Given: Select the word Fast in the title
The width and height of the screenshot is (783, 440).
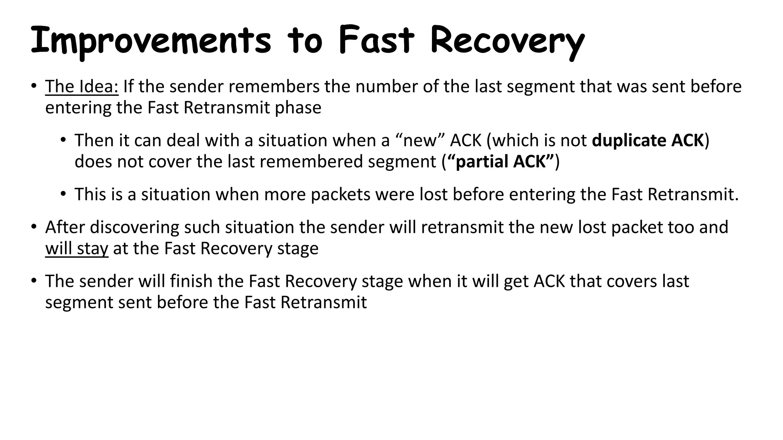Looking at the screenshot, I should point(376,40).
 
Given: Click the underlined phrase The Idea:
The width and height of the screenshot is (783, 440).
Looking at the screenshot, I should point(82,87).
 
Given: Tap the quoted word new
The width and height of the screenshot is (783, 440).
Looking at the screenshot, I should point(420,141).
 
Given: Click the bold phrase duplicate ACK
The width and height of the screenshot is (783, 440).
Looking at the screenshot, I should point(648,141).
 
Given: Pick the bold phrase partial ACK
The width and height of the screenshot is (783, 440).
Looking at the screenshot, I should point(500,162).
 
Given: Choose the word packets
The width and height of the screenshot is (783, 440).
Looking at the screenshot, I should point(340,195).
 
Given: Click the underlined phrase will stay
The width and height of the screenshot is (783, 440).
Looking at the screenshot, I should point(77,249).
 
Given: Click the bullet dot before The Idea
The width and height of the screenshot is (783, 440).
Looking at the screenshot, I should point(34,86).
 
